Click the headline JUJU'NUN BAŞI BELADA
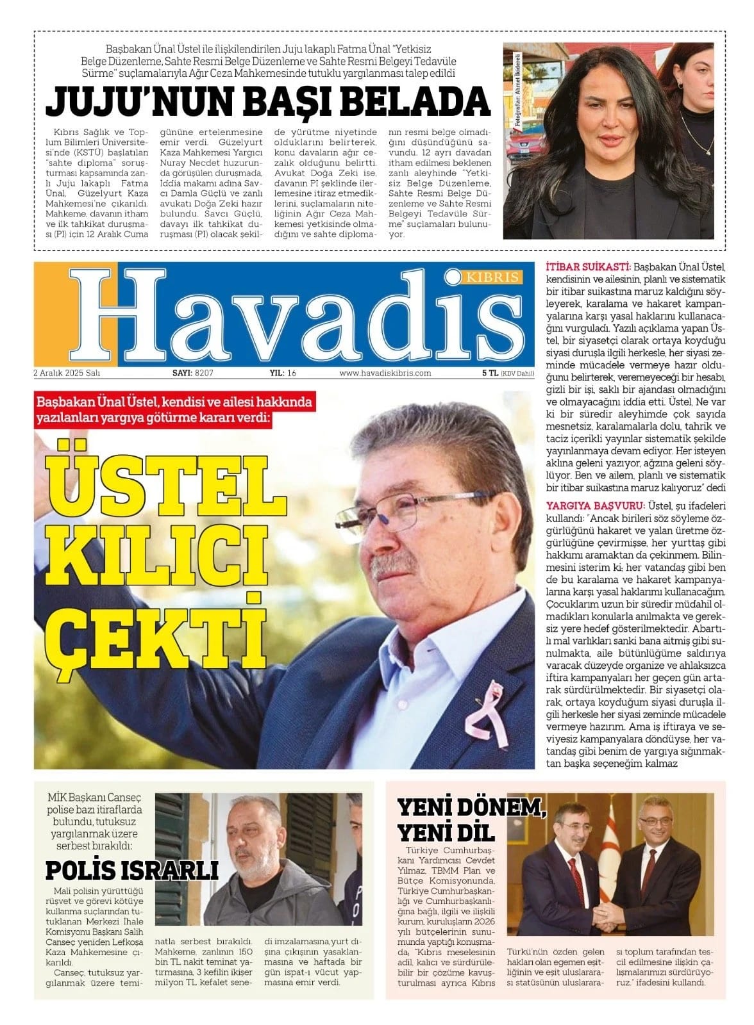click(x=268, y=101)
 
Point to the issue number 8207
click(x=204, y=373)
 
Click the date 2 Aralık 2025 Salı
click(x=67, y=373)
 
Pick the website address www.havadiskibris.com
click(x=385, y=373)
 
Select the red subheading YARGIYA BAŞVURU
click(x=596, y=505)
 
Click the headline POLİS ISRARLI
click(x=132, y=871)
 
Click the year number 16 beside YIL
click(x=292, y=373)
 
